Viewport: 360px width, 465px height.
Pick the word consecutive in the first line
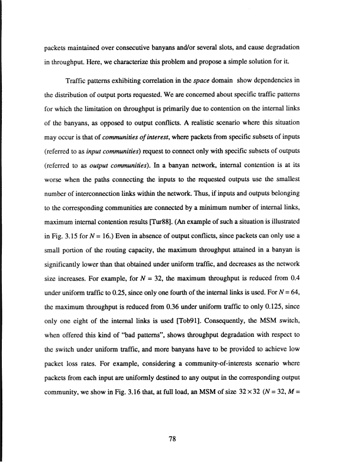145,46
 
